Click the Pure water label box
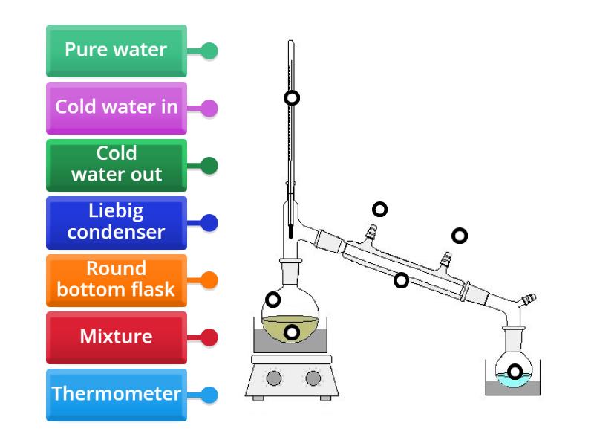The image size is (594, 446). [x=116, y=51]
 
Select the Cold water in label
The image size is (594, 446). [x=116, y=107]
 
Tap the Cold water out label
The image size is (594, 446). [x=116, y=164]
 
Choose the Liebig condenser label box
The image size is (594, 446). [x=116, y=222]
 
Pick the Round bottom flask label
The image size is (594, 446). [x=116, y=279]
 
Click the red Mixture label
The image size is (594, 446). [x=116, y=337]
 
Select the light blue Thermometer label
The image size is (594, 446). [x=116, y=394]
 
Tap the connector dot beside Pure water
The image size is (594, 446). [x=209, y=51]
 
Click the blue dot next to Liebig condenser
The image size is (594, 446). [x=209, y=222]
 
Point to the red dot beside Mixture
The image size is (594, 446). [x=209, y=337]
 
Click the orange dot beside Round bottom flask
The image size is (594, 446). [x=209, y=280]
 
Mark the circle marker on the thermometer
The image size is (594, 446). [x=292, y=97]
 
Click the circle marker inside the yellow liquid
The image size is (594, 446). [x=292, y=332]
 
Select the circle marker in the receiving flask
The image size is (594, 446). [x=514, y=372]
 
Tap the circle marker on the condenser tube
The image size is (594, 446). [x=401, y=280]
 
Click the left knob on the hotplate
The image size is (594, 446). [x=274, y=378]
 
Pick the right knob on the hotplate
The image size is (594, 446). [x=313, y=378]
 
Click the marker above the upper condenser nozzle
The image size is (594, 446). [x=379, y=210]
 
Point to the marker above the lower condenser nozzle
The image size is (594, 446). [x=460, y=236]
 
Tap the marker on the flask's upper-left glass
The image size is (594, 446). [x=272, y=300]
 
